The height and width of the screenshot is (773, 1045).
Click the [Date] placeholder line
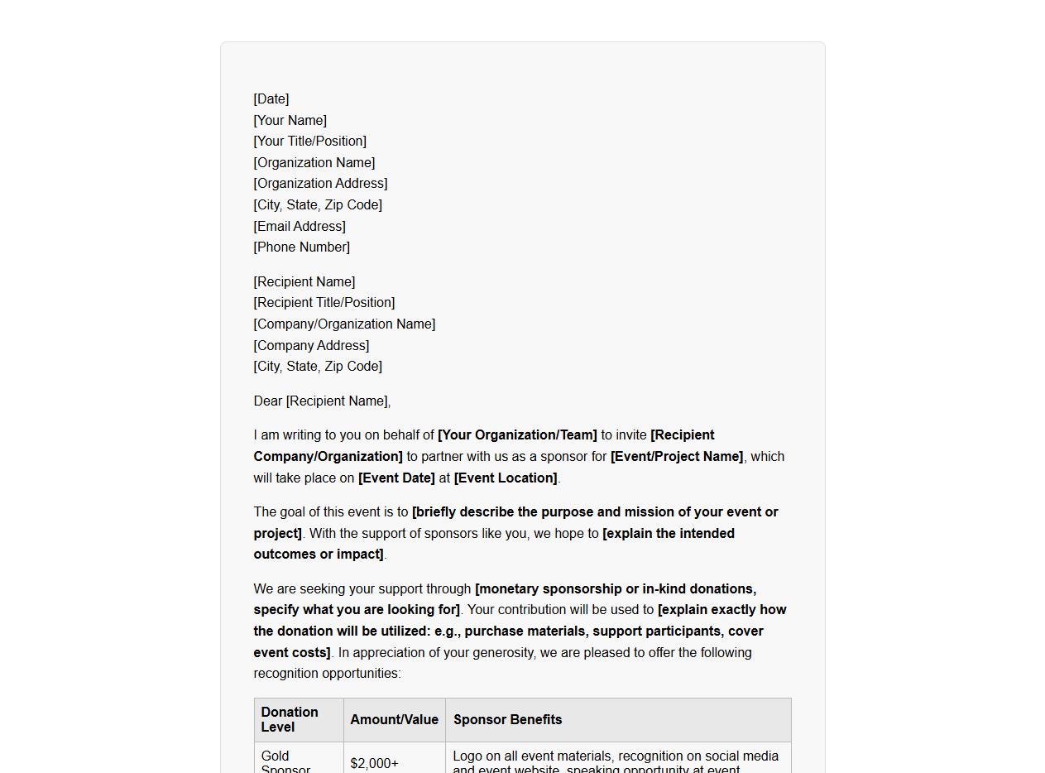coord(271,99)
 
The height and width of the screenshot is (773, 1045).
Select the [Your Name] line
coord(290,121)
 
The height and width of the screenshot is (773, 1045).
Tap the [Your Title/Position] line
coord(310,142)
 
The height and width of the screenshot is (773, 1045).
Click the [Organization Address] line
coord(321,184)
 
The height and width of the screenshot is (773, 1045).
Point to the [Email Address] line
coord(300,226)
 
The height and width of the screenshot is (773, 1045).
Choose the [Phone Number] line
coord(302,247)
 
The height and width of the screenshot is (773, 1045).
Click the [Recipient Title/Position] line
coord(324,303)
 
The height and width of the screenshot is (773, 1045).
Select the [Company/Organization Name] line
coord(344,324)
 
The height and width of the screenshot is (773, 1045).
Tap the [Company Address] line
coord(312,346)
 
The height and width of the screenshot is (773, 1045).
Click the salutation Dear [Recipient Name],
coord(322,401)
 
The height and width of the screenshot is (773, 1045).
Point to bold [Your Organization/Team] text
coord(517,435)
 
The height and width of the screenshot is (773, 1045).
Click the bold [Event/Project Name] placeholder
coord(677,457)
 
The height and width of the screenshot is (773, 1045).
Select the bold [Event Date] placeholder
coord(396,478)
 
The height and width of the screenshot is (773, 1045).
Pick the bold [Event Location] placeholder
coord(506,478)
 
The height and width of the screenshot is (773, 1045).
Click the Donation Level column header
coord(290,720)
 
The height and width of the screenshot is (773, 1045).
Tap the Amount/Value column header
coord(394,720)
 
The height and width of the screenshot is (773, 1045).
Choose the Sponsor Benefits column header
coord(507,720)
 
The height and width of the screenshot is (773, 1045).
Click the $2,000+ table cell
coord(374,763)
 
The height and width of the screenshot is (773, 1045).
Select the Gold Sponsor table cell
coord(285,762)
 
